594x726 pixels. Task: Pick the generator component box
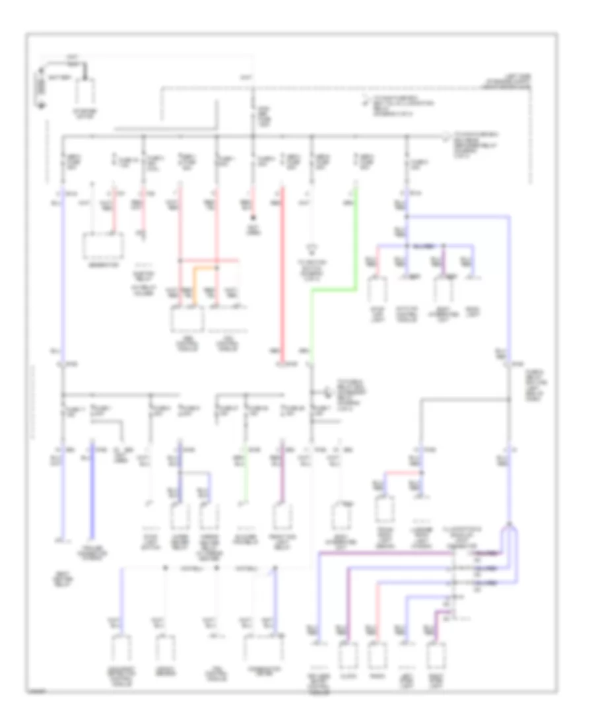pyautogui.click(x=104, y=246)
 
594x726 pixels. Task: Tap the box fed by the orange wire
pyautogui.click(x=189, y=320)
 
